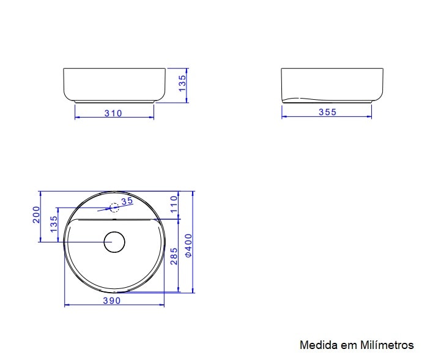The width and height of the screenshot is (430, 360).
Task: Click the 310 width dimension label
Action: (113, 113)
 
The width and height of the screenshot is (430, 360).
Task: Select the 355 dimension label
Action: (327, 112)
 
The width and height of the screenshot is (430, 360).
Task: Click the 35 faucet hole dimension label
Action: (127, 201)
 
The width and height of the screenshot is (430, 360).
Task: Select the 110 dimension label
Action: (174, 203)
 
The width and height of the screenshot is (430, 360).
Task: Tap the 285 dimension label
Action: (174, 255)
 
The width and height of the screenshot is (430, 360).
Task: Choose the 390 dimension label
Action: (111, 300)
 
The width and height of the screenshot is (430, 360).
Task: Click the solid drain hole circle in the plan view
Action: (114, 242)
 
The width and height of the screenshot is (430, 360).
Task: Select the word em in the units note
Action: (346, 345)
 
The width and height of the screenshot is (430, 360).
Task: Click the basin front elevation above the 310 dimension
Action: (114, 84)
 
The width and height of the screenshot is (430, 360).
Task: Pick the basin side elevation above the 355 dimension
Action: (332, 84)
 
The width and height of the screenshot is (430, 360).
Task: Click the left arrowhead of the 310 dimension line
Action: (76, 118)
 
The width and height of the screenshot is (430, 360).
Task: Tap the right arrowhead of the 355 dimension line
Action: (369, 117)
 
